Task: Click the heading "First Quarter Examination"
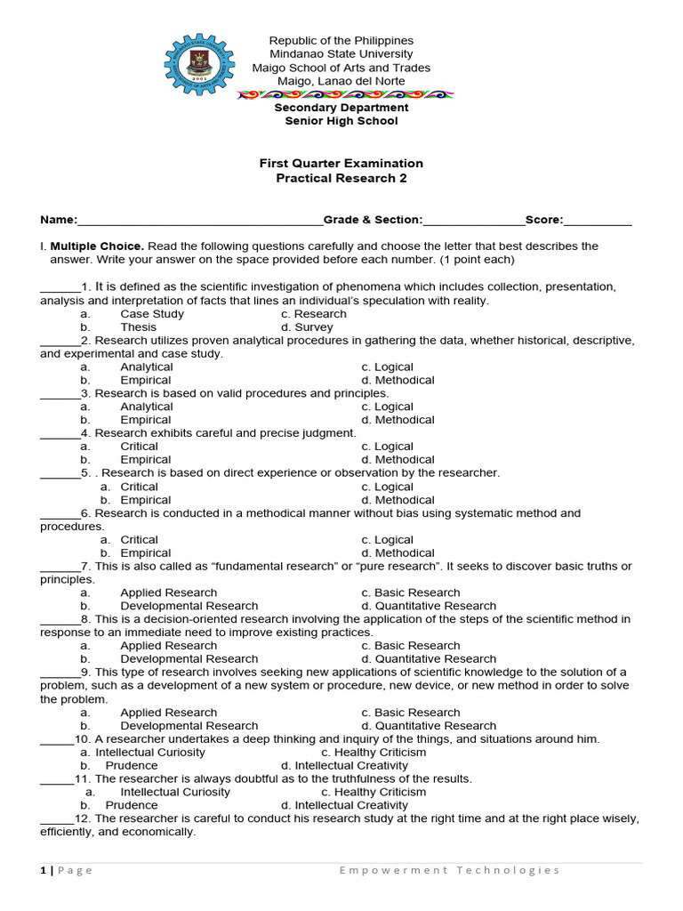(341, 164)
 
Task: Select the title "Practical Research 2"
(341, 178)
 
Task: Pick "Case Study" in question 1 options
(152, 314)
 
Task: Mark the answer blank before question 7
(60, 568)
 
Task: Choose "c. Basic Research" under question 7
(411, 593)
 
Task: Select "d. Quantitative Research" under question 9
(429, 726)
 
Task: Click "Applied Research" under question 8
(168, 646)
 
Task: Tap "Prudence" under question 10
(132, 765)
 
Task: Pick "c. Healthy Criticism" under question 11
(374, 792)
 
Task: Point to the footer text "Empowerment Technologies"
(449, 870)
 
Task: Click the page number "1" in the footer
(43, 870)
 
